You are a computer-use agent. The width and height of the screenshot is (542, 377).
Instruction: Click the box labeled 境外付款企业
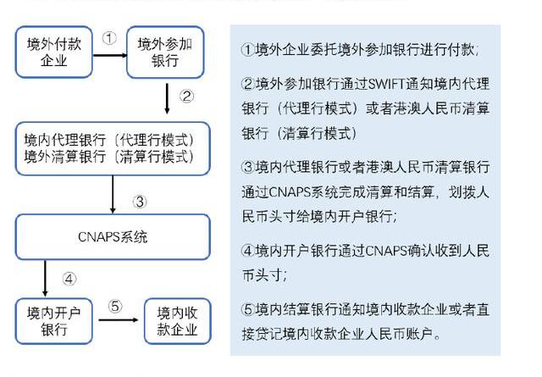(54, 52)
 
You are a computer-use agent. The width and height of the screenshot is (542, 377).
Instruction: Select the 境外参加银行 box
(165, 52)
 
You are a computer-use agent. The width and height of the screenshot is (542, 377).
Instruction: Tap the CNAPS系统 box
(113, 237)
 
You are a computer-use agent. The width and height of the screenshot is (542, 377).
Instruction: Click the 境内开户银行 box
(54, 321)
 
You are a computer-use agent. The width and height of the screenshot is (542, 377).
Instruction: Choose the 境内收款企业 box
(177, 321)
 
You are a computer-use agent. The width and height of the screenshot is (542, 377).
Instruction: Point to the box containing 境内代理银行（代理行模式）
(113, 149)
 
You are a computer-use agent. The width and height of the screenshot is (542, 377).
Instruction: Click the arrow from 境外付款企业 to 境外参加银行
(110, 55)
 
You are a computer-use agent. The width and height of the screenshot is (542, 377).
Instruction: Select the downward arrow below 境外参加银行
(167, 98)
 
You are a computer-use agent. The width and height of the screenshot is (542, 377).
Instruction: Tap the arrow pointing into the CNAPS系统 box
(113, 194)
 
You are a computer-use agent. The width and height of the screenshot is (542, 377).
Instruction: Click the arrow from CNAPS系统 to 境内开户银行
(45, 279)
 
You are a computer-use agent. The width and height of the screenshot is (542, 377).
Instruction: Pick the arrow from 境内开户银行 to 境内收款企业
(119, 320)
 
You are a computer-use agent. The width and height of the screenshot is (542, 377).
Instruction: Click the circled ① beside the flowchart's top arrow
(109, 37)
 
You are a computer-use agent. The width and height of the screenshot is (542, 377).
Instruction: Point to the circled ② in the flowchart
(186, 96)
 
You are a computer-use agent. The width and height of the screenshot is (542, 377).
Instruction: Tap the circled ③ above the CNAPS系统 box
(140, 202)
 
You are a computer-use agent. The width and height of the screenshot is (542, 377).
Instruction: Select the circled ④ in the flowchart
(69, 279)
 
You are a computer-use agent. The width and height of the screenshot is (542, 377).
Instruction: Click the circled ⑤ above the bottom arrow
(115, 306)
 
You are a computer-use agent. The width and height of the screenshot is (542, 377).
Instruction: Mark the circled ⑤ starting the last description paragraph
(248, 309)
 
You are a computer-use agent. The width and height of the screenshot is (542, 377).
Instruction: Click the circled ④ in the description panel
(248, 251)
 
